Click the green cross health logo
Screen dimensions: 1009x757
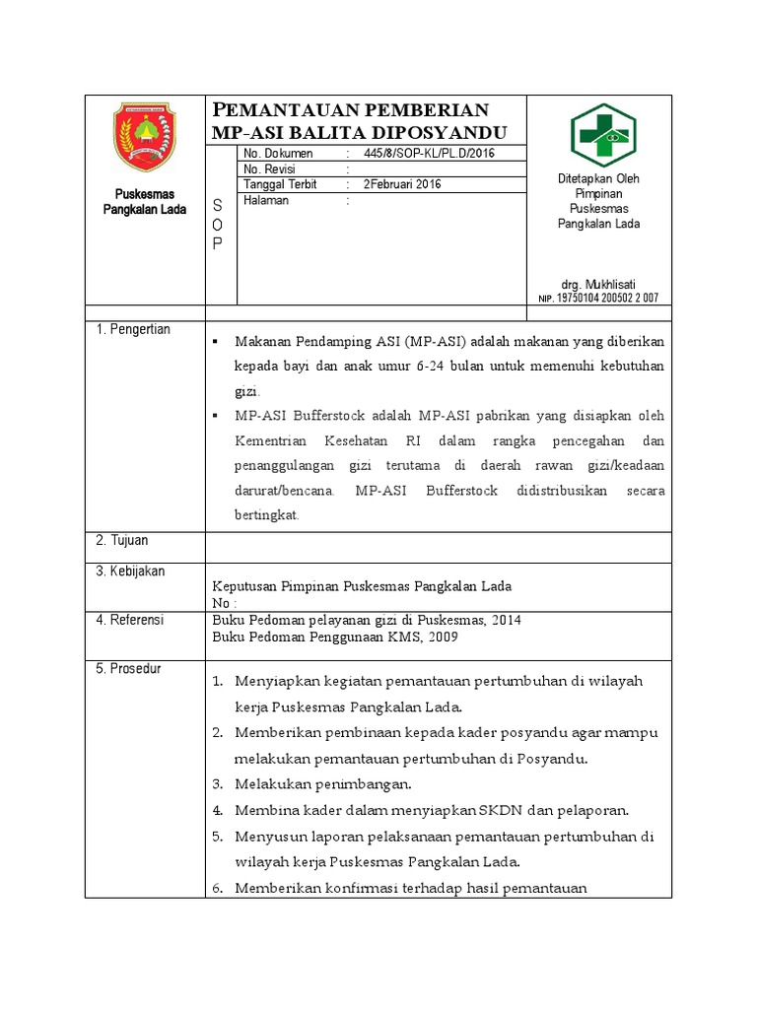pos(603,135)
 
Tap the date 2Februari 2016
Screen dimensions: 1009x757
pos(402,184)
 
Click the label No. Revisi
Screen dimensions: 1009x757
pos(271,169)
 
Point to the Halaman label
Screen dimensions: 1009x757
pos(266,200)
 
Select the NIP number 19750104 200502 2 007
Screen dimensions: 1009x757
pos(607,298)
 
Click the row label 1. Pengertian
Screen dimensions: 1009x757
pos(133,329)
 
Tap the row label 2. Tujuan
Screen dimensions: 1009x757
pos(122,541)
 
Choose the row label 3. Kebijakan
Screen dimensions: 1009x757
pos(130,572)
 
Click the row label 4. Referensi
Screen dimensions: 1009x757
pos(129,620)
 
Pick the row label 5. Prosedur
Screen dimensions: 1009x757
pos(128,669)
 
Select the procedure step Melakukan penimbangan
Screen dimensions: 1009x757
pos(321,784)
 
